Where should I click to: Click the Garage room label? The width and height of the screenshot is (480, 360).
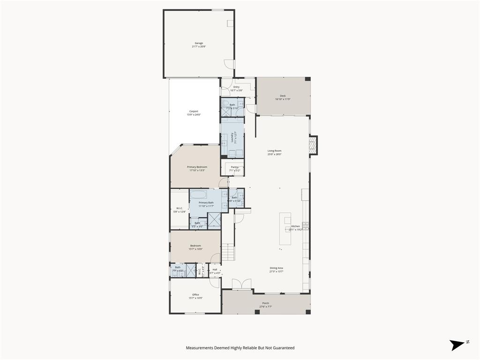click(199, 43)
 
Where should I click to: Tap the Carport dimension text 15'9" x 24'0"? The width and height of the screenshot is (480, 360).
click(194, 115)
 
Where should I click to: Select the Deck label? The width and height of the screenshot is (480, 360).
click(283, 96)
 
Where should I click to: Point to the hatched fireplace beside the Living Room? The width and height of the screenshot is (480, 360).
click(314, 145)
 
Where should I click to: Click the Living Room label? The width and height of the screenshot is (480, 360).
click(274, 151)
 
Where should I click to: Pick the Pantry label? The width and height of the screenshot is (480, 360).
click(234, 167)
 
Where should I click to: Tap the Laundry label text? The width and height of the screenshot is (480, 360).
click(232, 137)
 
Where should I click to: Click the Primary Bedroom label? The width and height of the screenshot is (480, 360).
click(197, 167)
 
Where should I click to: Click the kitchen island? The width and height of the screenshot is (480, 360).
click(285, 228)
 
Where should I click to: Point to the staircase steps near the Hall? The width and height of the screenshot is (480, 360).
click(228, 253)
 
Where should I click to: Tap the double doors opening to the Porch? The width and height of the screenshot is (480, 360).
click(242, 284)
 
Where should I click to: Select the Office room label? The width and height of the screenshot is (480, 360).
click(195, 295)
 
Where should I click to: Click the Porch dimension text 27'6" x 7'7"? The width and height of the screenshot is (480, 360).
click(266, 307)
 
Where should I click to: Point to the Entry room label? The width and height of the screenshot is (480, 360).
click(236, 87)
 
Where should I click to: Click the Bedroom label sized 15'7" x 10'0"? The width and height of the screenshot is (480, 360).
click(195, 246)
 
